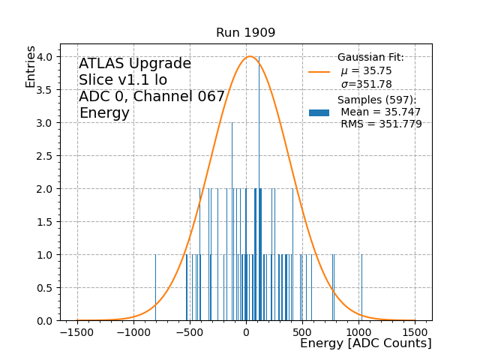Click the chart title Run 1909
(x=245, y=33)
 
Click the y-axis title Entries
(x=31, y=66)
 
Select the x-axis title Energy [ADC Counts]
(x=365, y=343)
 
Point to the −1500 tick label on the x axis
(x=77, y=332)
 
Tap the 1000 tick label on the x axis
(x=358, y=332)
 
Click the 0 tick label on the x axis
(x=246, y=332)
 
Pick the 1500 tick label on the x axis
(x=415, y=332)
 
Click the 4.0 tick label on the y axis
(x=43, y=57)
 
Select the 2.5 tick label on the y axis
(x=43, y=156)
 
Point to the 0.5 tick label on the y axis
(x=43, y=288)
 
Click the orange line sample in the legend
(x=319, y=72)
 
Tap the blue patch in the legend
(x=319, y=112)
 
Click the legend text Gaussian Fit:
(x=370, y=58)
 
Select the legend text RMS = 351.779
(x=381, y=124)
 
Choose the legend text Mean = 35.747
(x=380, y=112)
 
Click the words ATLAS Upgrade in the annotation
(x=135, y=64)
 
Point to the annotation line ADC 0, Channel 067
(x=151, y=97)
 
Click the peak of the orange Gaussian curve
(x=250, y=56)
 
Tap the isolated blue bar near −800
(x=156, y=287)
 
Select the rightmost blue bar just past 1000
(x=361, y=287)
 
